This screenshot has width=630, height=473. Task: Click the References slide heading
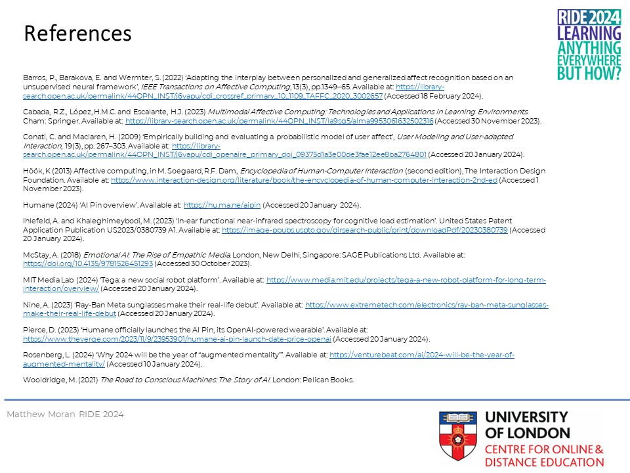tap(77, 34)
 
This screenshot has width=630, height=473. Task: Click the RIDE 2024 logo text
tap(589, 18)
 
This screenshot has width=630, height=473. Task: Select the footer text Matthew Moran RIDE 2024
tap(65, 415)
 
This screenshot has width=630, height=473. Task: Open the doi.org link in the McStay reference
tap(88, 263)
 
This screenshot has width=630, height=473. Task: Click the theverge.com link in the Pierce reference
tap(177, 339)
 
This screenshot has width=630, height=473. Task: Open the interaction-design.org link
tap(304, 179)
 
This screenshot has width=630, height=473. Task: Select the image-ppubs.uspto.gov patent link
tap(364, 230)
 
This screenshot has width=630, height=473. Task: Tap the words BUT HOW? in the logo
tap(589, 73)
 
